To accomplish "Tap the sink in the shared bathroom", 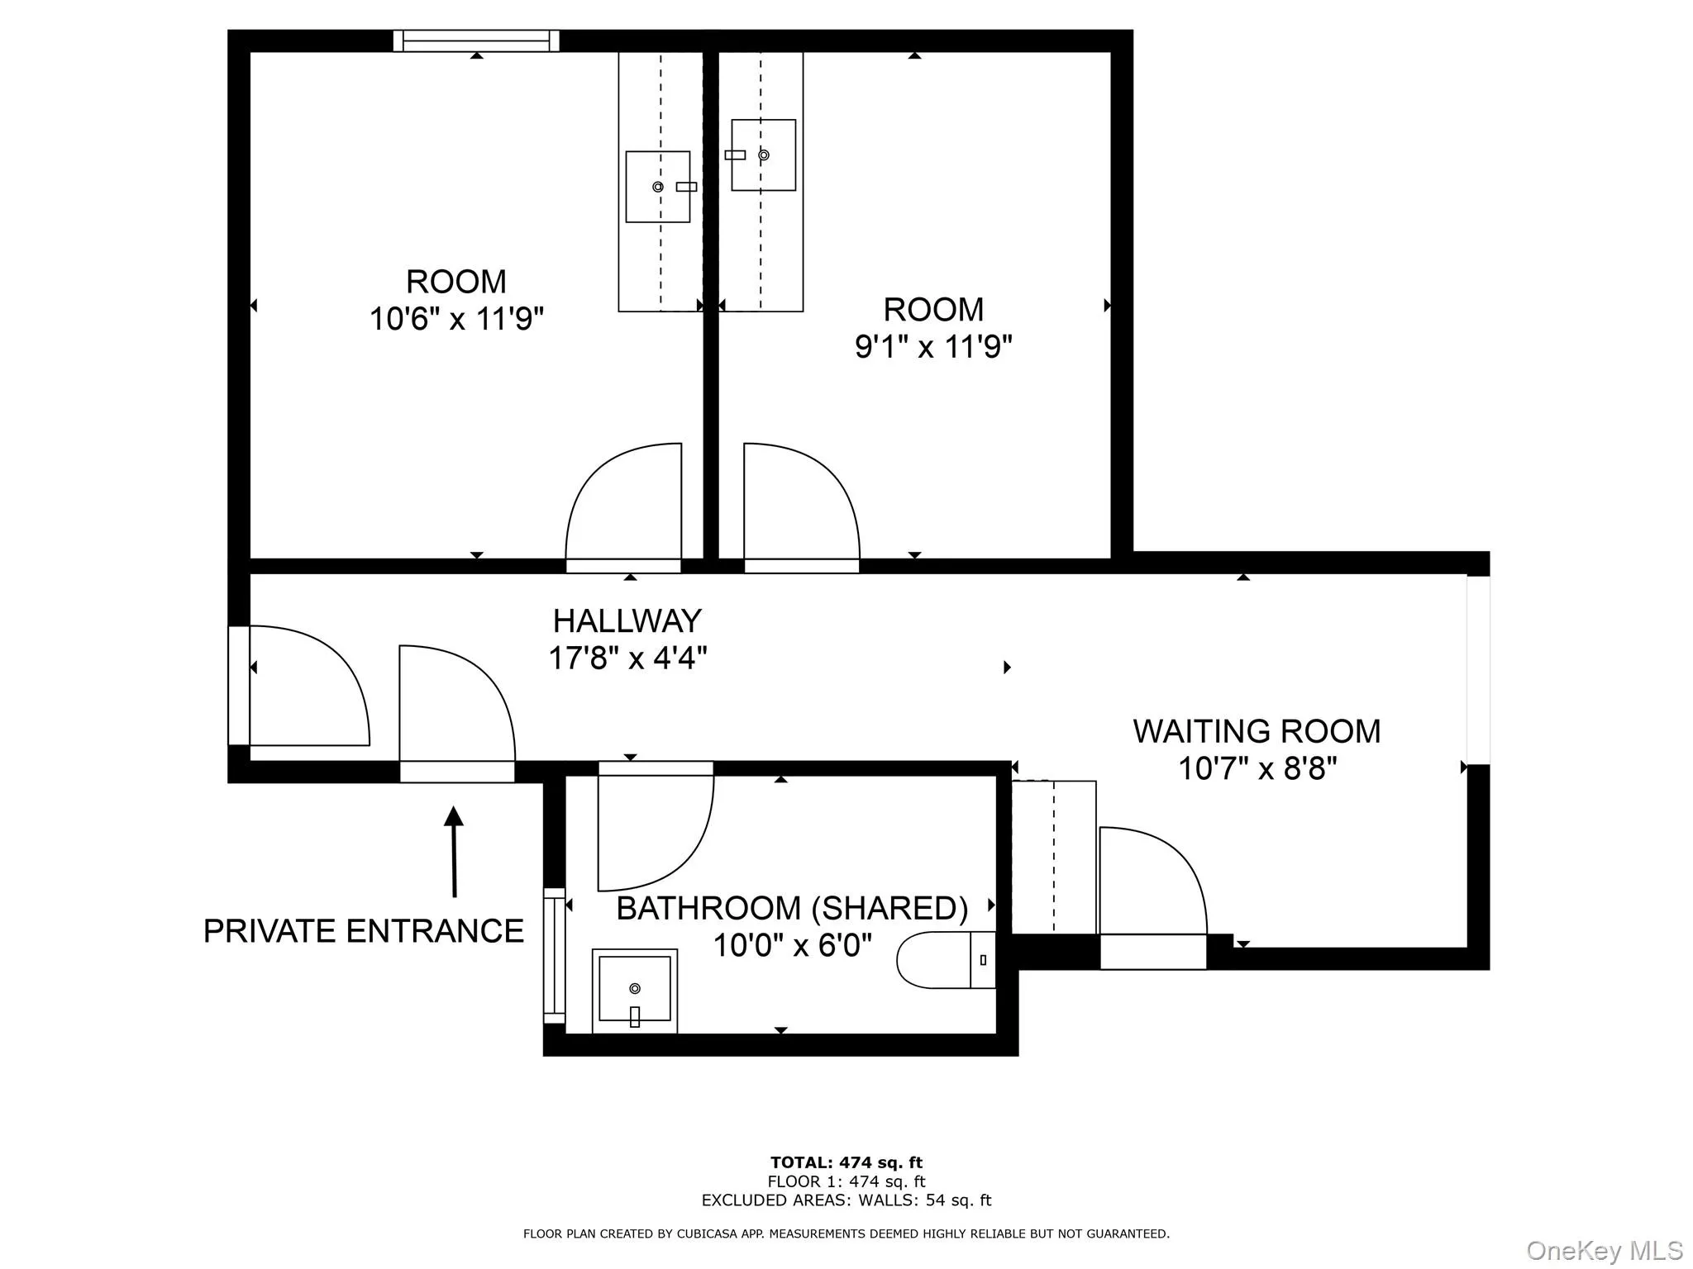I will pos(635,990).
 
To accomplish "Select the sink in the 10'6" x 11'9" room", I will pos(658,187).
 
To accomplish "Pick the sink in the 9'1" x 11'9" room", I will pos(763,155).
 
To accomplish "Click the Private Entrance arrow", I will pos(454,851).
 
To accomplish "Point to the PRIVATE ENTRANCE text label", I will pos(364,931).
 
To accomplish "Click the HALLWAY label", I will pos(627,620).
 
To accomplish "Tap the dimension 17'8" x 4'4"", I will pos(627,658).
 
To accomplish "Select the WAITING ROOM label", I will pos(1257,731).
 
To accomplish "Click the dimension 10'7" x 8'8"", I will pos(1257,768).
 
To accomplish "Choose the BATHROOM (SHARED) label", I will pos(792,908).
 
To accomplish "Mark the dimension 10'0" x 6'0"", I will pos(792,944).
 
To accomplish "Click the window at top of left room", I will pos(476,40).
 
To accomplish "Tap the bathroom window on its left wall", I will pos(553,955).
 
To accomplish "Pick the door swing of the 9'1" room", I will pos(798,504).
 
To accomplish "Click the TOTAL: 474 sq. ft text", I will pos(846,1163).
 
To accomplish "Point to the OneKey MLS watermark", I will pos(1604,1251).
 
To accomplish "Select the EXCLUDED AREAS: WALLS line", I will pos(846,1200).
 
